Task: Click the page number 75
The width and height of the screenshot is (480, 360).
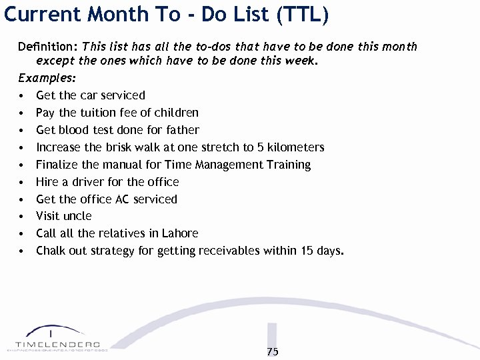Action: (x=273, y=351)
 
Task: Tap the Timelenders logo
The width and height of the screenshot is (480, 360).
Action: (x=57, y=339)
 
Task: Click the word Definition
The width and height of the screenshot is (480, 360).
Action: (x=47, y=47)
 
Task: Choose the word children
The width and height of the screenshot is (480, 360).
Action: (x=176, y=112)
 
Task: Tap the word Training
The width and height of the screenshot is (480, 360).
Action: (x=287, y=164)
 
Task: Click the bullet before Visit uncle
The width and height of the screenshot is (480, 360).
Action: (x=23, y=217)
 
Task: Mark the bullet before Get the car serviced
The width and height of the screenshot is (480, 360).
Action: (x=23, y=95)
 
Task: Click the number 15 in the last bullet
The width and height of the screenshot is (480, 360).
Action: (x=307, y=251)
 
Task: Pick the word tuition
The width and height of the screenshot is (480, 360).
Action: (x=100, y=112)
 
